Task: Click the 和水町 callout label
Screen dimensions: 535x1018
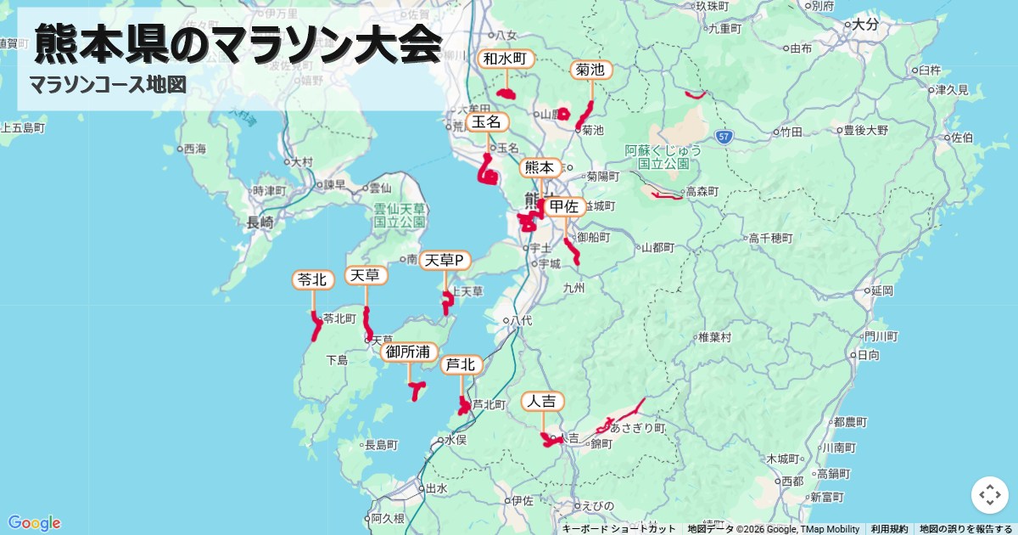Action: point(506,59)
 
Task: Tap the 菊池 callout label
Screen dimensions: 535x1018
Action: point(590,70)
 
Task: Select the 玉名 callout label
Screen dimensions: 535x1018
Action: point(488,122)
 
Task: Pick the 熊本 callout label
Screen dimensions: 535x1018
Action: point(540,168)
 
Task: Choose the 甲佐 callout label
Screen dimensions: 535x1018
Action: point(564,206)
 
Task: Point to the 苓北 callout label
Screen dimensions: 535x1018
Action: point(313,279)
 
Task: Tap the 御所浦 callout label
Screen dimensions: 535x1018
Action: point(409,352)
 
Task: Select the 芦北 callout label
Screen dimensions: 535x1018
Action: point(461,365)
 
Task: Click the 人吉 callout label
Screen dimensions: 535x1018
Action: point(543,401)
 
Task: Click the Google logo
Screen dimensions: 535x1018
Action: point(34,523)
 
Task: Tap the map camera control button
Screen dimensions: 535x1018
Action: point(989,495)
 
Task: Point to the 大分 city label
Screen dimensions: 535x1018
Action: point(864,25)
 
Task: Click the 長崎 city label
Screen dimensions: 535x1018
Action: point(260,223)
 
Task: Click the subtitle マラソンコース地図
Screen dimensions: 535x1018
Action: point(107,85)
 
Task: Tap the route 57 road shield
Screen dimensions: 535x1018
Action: point(723,136)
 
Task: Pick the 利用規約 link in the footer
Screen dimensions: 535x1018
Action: point(889,529)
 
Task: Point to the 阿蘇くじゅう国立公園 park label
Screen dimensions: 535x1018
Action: point(663,156)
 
